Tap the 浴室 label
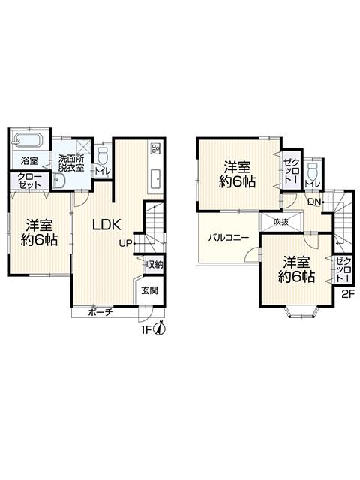(29, 160)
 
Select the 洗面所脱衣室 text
(72, 162)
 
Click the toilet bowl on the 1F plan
(103, 156)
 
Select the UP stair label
(125, 243)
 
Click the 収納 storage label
(154, 264)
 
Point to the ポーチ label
(100, 312)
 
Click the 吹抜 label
(281, 222)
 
